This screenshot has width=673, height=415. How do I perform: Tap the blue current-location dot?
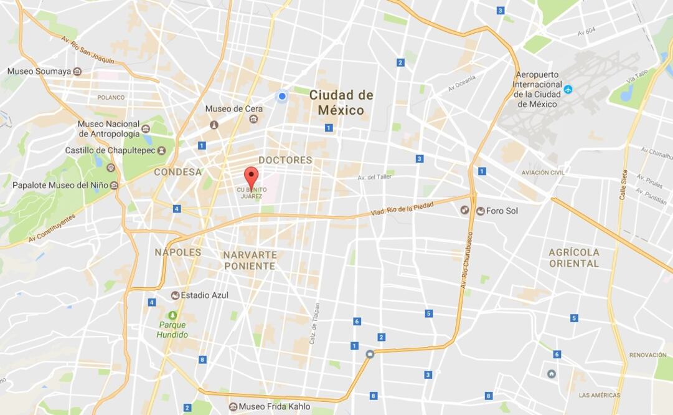[282, 96]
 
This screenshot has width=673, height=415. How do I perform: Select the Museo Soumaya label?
[37, 71]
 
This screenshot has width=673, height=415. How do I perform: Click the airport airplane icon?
[568, 90]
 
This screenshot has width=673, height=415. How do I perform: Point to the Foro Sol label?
[501, 211]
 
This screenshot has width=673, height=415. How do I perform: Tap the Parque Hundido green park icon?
[172, 315]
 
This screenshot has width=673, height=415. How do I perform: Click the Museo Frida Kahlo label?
[274, 407]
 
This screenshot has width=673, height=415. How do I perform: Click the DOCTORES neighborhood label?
[285, 160]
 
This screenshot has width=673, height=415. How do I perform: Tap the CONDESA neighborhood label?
[178, 172]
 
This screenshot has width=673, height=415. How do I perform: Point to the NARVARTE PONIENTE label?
[249, 260]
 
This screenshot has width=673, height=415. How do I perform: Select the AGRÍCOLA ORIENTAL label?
[573, 258]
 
